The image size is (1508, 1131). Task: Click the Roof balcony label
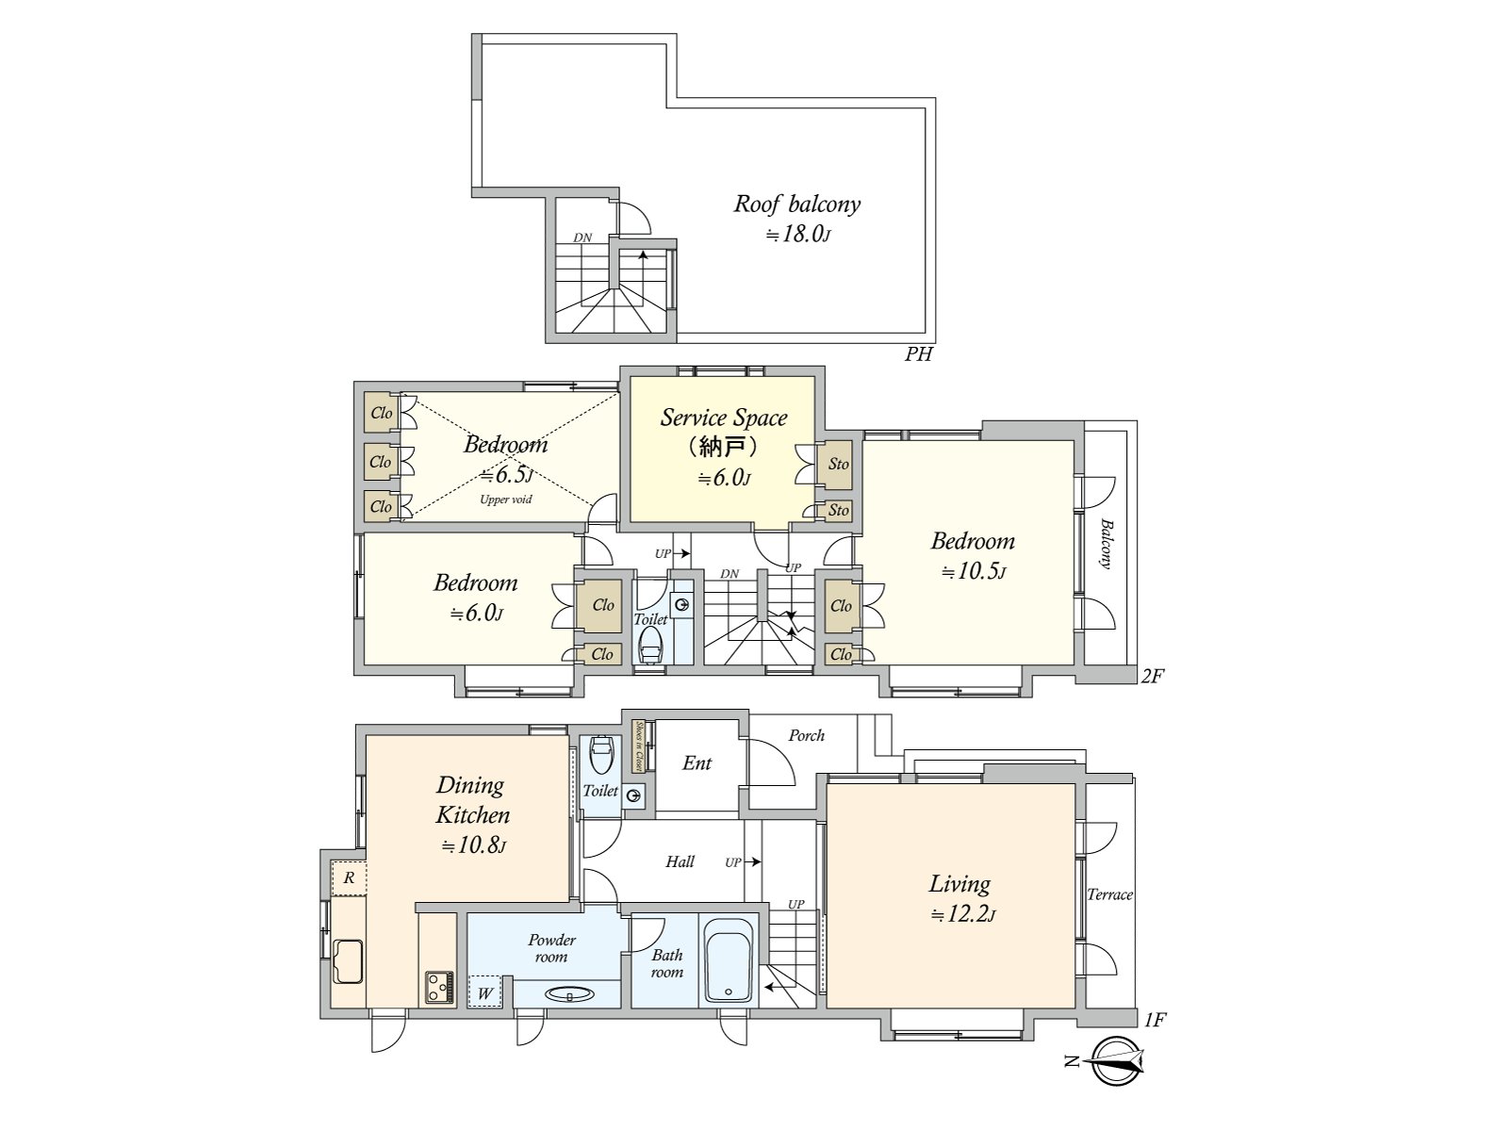point(797,204)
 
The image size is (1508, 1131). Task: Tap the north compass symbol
point(1117,1061)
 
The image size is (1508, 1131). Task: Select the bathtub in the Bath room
point(729,960)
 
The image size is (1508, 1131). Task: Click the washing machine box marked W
point(485,992)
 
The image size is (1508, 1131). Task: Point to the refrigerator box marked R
point(349,877)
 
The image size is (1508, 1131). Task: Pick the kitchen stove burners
point(439,988)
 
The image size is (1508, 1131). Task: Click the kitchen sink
point(349,960)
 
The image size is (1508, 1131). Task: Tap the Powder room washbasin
point(568,993)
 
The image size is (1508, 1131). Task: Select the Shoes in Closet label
point(639,746)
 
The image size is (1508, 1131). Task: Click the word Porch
point(806,735)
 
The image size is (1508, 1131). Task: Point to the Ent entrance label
point(697,762)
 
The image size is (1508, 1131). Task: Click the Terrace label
point(1109,894)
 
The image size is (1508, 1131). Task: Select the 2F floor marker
point(1153,677)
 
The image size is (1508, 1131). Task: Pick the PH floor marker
point(919,354)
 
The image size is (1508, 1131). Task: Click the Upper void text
point(505,500)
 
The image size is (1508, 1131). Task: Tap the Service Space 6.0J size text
point(724,478)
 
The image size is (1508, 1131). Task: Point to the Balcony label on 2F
point(1106,544)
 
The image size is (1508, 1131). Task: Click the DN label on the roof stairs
point(582,238)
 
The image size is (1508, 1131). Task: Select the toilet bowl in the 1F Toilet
point(600,754)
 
